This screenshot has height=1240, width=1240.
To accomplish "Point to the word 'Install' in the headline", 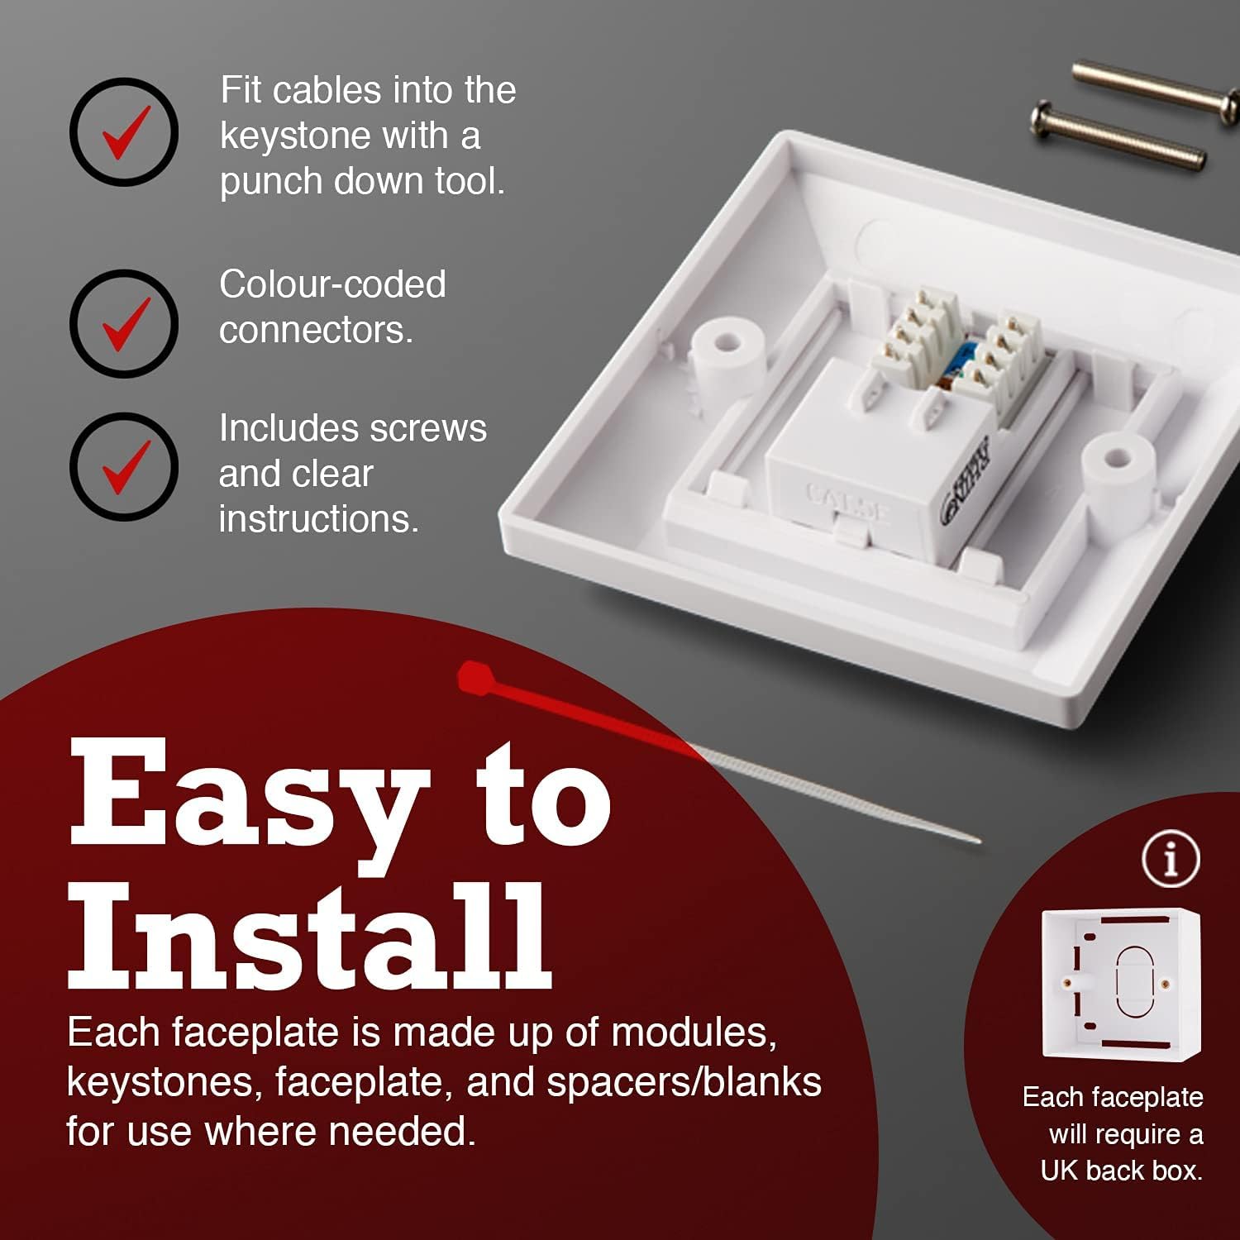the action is click(310, 935).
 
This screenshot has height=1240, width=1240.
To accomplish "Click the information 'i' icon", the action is click(1171, 860).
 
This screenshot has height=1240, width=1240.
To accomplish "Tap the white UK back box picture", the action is click(1121, 983).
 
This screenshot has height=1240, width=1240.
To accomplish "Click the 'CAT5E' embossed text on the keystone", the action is click(847, 502).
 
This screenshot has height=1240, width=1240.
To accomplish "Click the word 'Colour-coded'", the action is click(332, 284).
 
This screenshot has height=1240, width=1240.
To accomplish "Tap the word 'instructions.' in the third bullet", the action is click(319, 519).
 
